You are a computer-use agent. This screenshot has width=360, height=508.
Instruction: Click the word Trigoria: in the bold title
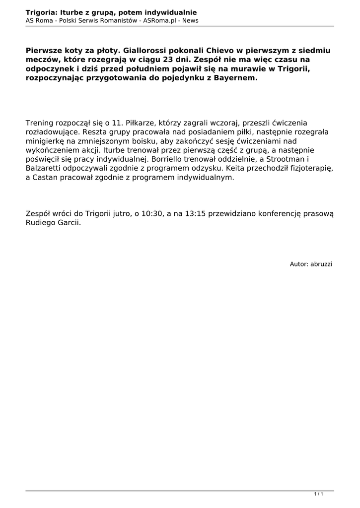[42, 12]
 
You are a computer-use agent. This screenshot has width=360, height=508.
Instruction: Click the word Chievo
[200, 51]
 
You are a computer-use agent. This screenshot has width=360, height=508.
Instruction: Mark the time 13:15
[195, 214]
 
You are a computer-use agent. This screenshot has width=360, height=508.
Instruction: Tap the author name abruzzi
[321, 264]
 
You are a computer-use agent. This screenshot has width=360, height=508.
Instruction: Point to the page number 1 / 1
[319, 494]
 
